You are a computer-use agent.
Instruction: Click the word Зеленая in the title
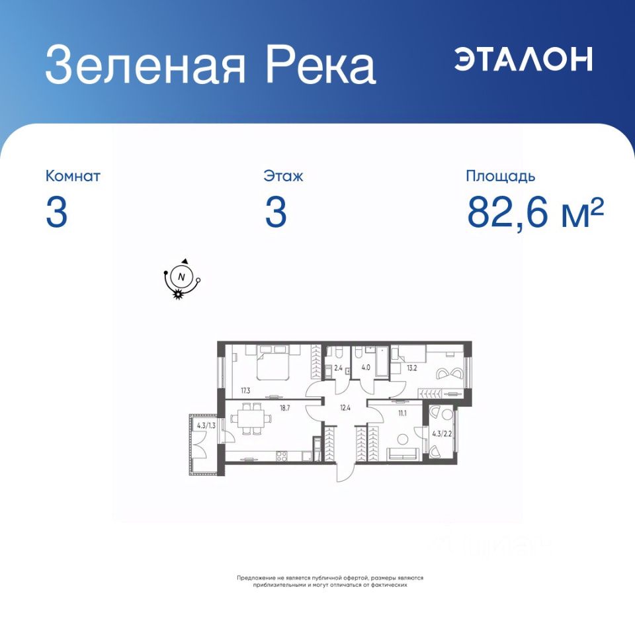(x=146, y=65)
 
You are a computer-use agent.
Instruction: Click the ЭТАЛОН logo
(x=524, y=59)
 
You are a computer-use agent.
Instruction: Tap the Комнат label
(x=73, y=176)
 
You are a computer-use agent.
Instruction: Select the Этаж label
(x=283, y=176)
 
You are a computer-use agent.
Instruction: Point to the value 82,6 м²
(x=535, y=212)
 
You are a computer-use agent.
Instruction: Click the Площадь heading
(x=501, y=176)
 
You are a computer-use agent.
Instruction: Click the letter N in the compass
(x=181, y=277)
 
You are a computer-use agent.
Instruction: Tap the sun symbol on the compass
(x=177, y=294)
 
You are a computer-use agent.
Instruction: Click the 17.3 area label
(x=245, y=391)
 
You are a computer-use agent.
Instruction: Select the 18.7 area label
(x=284, y=408)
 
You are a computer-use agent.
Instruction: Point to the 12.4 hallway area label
(x=345, y=408)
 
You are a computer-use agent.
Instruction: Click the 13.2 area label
(x=412, y=368)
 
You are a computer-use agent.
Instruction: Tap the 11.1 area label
(x=402, y=413)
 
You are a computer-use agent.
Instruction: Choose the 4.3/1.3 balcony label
(x=206, y=425)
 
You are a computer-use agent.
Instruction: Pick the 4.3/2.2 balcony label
(x=442, y=434)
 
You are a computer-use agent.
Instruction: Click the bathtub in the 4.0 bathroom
(x=382, y=362)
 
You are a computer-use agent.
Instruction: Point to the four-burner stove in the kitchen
(x=282, y=456)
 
